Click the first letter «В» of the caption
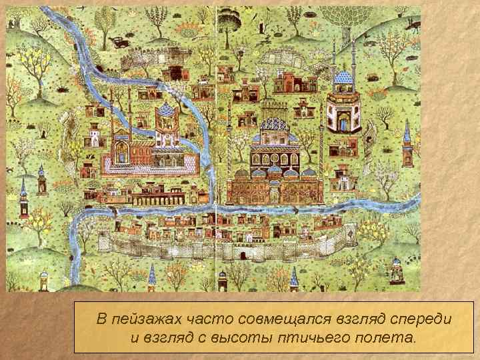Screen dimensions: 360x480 (101, 319)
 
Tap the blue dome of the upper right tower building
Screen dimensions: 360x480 (343, 78)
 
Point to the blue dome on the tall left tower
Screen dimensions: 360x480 (165, 110)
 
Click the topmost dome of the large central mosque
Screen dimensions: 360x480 (273, 122)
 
